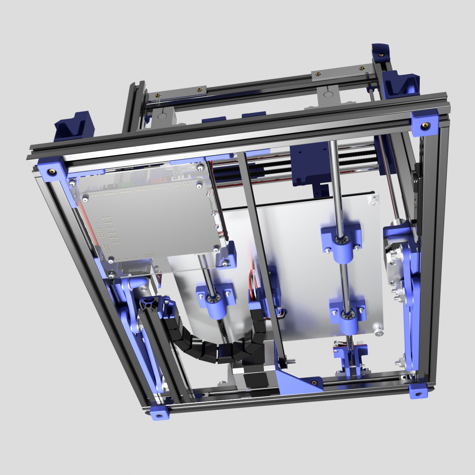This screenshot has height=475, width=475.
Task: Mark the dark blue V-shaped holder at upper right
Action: click(400, 85)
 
